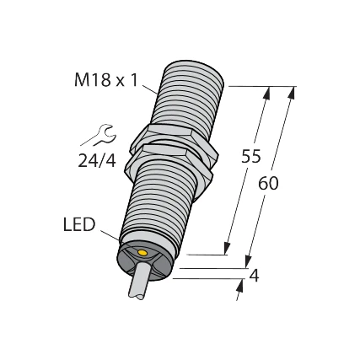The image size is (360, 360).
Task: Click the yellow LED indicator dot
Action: (x=142, y=253)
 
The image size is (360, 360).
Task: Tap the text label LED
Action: (x=81, y=225)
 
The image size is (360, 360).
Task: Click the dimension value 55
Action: (x=252, y=155)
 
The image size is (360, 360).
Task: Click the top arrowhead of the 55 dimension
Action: (x=268, y=93)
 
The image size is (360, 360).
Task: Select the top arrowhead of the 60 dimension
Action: (x=292, y=93)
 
